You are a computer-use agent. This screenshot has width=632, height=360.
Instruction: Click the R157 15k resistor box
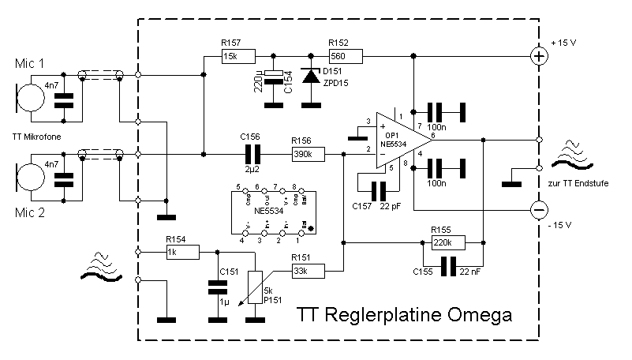click(237, 56)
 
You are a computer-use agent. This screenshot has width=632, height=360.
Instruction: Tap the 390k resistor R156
click(308, 155)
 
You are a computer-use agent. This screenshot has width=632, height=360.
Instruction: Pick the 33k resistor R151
click(308, 271)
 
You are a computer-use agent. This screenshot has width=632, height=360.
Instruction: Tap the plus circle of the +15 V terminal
click(539, 56)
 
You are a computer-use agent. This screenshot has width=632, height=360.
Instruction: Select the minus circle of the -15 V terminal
click(539, 209)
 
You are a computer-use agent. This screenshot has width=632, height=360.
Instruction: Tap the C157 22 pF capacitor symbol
click(379, 190)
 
